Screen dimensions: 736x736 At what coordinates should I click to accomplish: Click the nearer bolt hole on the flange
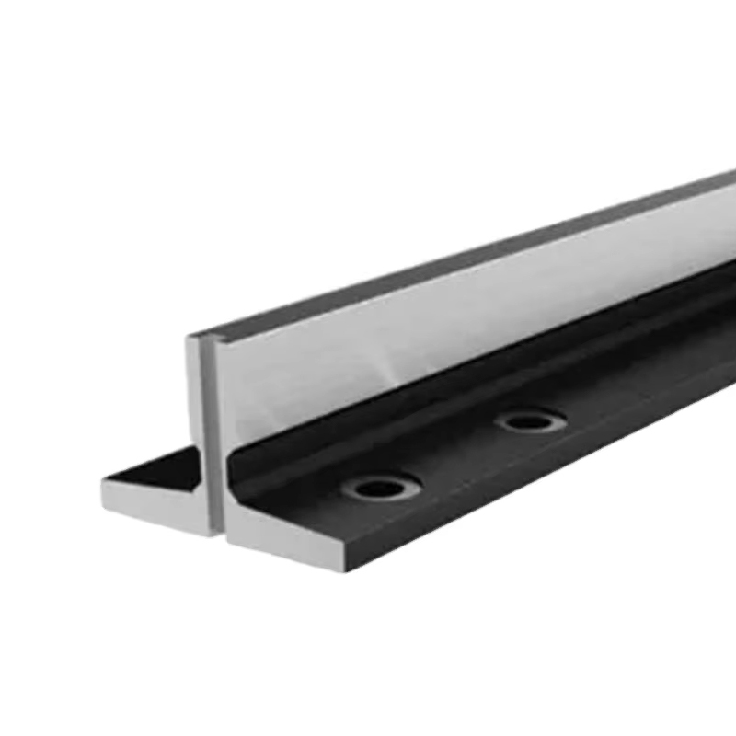point(380,487)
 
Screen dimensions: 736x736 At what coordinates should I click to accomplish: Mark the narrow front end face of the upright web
point(206,432)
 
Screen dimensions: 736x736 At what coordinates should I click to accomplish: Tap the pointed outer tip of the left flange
point(103,480)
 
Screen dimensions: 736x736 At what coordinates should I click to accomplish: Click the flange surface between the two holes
point(455,455)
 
